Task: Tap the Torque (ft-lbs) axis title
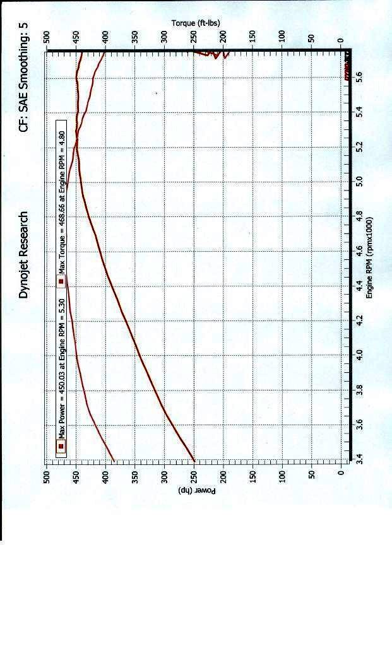(196, 23)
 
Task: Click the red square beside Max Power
(61, 447)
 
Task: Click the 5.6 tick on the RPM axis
(360, 78)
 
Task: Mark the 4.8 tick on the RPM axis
(360, 216)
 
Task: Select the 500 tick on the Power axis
(47, 474)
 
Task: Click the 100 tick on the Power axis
(282, 474)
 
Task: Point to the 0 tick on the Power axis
(341, 474)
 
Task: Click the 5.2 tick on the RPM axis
(360, 147)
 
